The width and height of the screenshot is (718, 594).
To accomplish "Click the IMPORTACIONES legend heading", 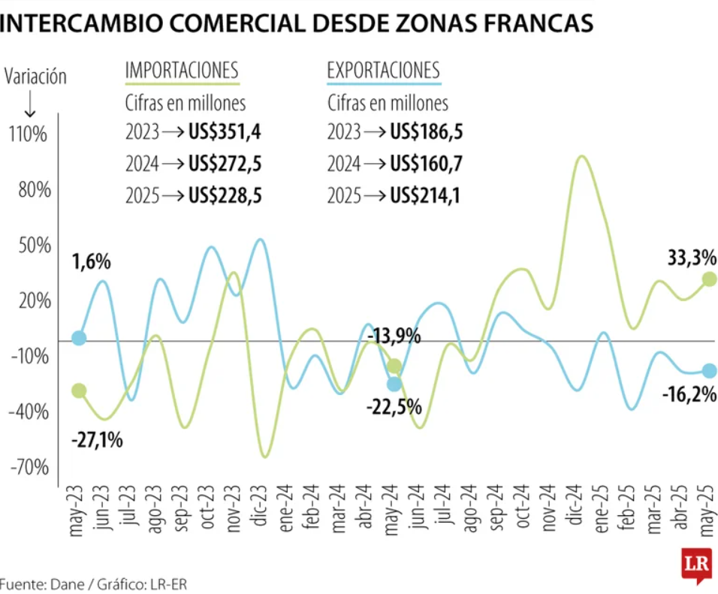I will [x=182, y=71].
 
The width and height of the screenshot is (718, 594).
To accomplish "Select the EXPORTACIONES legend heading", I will [x=383, y=71].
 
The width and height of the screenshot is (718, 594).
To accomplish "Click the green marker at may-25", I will [x=708, y=279].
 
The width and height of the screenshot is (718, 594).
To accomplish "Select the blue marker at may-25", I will [x=708, y=370].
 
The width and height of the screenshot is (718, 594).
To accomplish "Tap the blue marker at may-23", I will [x=79, y=338].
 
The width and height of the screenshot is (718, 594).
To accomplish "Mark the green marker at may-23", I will [x=79, y=390].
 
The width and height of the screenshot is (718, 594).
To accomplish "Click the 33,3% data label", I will [x=691, y=258].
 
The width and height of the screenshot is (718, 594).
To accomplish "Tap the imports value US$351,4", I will [x=225, y=133].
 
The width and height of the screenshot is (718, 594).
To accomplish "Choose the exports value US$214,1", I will [x=426, y=197].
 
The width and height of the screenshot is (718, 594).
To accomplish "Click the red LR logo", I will [x=696, y=565].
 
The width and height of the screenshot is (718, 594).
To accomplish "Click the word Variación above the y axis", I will [x=35, y=77].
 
